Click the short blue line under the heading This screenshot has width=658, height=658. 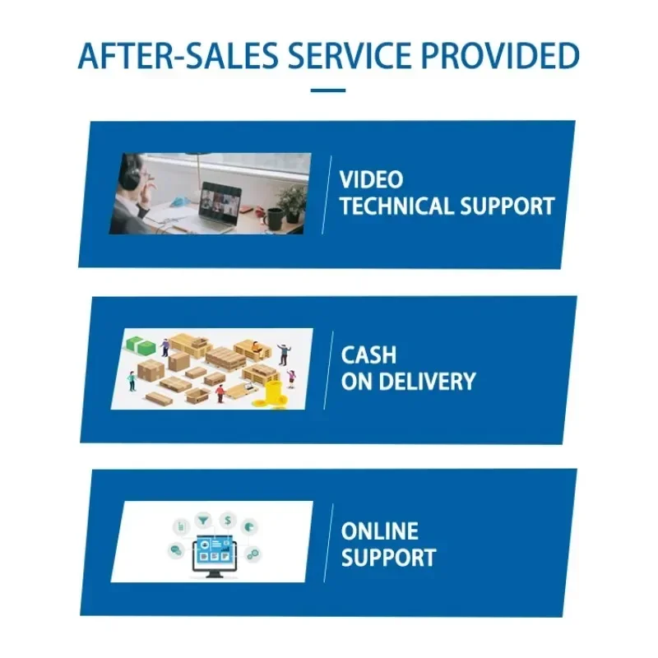coord(328,90)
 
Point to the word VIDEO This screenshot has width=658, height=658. coord(372,180)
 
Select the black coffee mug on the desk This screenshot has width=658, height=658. coord(274,217)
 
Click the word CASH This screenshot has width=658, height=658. coord(368,355)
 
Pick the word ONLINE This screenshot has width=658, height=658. coord(379,531)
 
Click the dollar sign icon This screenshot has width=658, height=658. coord(227,520)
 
